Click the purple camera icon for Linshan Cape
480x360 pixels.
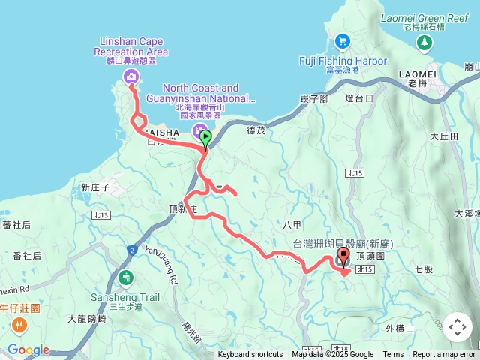(x=131, y=75)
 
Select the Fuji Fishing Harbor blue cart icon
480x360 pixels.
(x=342, y=41)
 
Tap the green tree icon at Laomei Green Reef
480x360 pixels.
(x=425, y=43)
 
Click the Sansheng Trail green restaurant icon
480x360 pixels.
(x=124, y=277)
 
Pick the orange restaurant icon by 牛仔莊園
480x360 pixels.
(x=19, y=325)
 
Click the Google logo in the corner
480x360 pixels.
(x=28, y=349)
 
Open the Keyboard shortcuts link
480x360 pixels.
(x=250, y=355)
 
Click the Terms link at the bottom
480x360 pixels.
(x=393, y=355)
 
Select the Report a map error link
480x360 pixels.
(x=444, y=355)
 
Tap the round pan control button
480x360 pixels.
(x=457, y=327)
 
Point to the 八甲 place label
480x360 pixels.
(x=293, y=223)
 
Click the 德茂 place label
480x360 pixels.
(x=256, y=130)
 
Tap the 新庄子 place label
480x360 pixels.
(x=95, y=187)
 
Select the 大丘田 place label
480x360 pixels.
(x=443, y=136)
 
